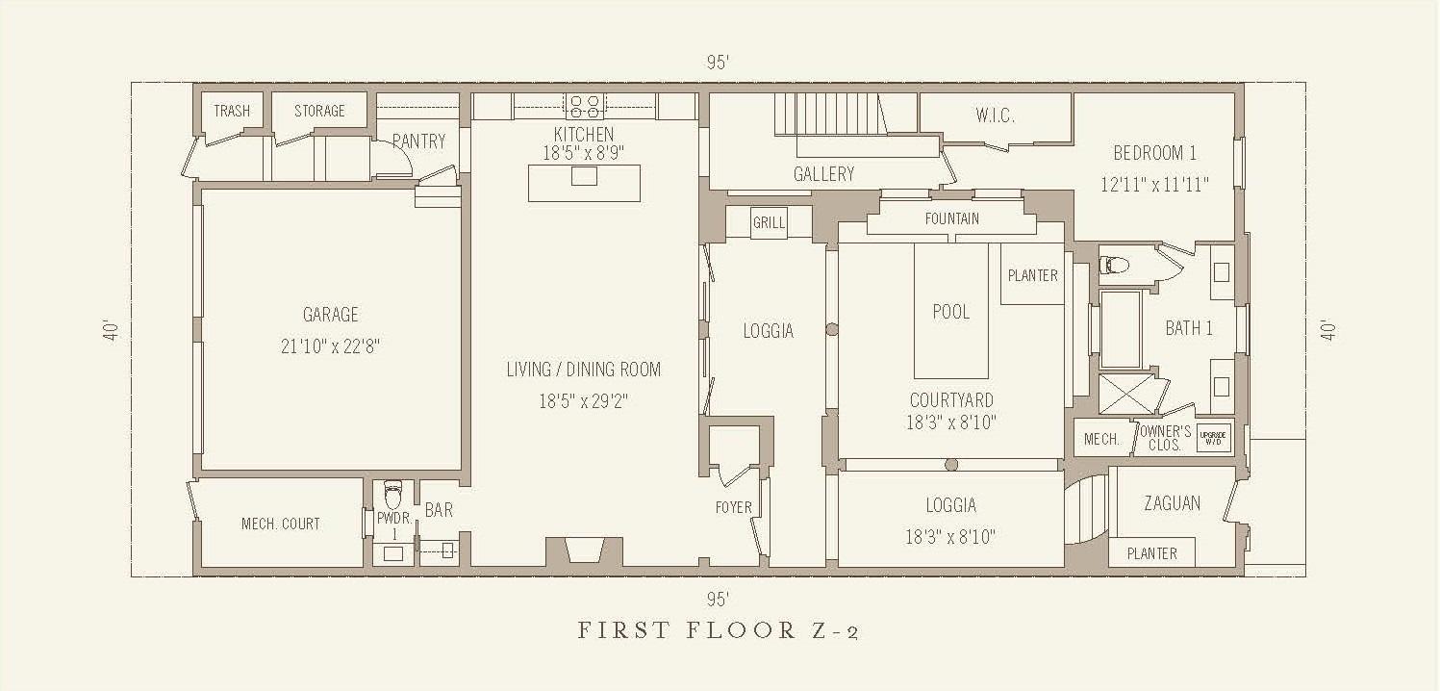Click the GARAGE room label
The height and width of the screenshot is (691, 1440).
tap(331, 315)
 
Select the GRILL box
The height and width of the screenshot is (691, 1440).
tap(769, 222)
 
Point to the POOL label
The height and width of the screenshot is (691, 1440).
tap(950, 312)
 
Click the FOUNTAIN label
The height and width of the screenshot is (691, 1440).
tap(952, 218)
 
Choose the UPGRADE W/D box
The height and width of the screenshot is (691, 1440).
tap(1212, 438)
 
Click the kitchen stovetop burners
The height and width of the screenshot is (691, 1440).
tap(584, 107)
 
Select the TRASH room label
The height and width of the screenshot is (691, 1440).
tap(232, 111)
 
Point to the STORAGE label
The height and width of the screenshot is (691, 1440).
tap(319, 111)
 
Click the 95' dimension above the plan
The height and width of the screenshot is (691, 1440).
tap(718, 63)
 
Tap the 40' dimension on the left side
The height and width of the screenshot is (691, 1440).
tap(112, 330)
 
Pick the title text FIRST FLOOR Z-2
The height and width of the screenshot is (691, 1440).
tap(718, 630)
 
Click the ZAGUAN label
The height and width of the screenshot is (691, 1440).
tap(1172, 503)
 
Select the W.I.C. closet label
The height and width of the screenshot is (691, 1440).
tap(996, 115)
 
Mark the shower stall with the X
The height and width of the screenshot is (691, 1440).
tap(1127, 394)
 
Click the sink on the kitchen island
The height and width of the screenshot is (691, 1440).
tap(584, 176)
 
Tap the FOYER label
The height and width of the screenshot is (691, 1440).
tap(734, 507)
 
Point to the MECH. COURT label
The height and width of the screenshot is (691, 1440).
tap(280, 524)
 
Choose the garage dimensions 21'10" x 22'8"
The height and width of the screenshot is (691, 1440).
tap(330, 346)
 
